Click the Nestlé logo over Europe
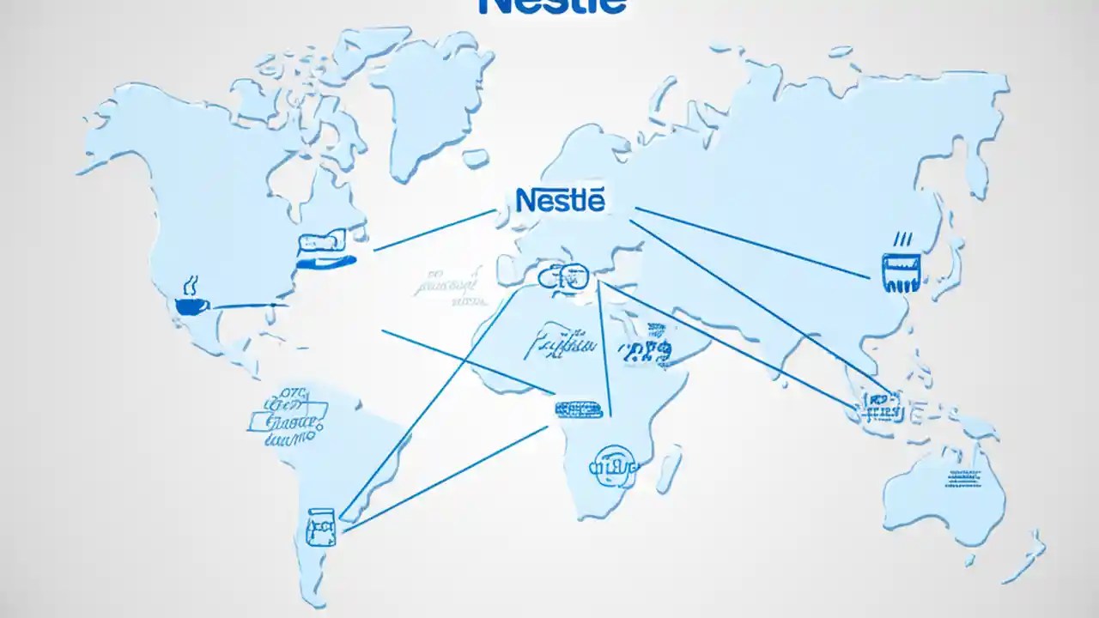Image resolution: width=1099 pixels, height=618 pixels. (x=561, y=199)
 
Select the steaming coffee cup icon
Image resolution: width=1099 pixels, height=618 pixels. (x=191, y=305)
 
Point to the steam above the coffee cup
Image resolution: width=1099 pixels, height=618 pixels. (x=190, y=282)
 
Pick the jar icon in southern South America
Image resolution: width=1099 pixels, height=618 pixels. (x=321, y=525)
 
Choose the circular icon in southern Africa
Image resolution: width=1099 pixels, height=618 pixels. (x=613, y=464)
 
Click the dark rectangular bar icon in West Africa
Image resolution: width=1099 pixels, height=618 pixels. (x=580, y=409)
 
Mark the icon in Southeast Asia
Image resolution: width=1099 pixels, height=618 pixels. (x=881, y=405)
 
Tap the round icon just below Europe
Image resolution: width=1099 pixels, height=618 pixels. (x=564, y=276)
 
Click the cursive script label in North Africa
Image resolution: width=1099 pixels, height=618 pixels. (x=558, y=344)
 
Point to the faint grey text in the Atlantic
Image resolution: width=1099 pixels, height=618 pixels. (x=446, y=289)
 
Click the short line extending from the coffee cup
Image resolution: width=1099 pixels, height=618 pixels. (x=249, y=306)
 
